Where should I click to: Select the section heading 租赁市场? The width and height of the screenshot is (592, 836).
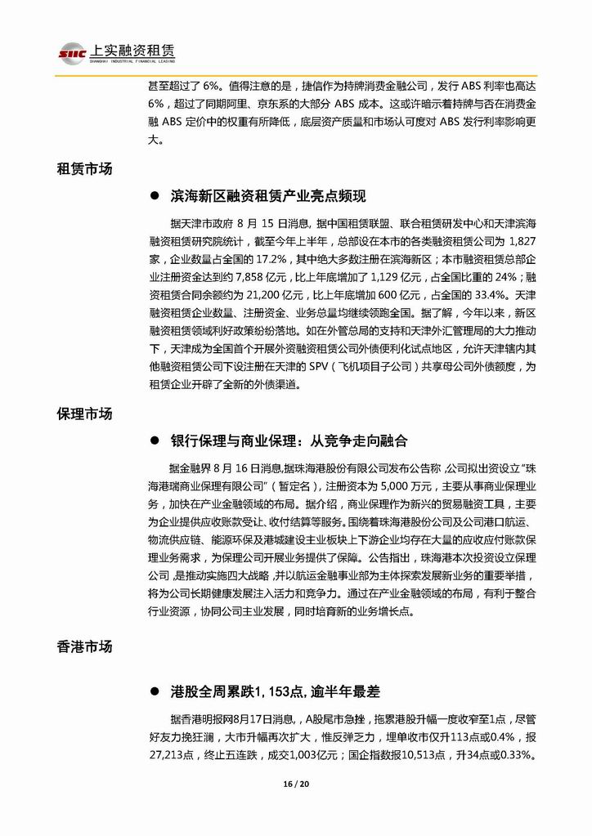(83, 169)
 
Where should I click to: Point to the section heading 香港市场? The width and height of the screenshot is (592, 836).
(83, 646)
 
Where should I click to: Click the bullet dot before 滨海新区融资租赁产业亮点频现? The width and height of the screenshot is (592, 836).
(154, 197)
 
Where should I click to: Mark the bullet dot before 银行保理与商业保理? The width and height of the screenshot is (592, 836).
(154, 440)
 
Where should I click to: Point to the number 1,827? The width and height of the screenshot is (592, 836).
(521, 239)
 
